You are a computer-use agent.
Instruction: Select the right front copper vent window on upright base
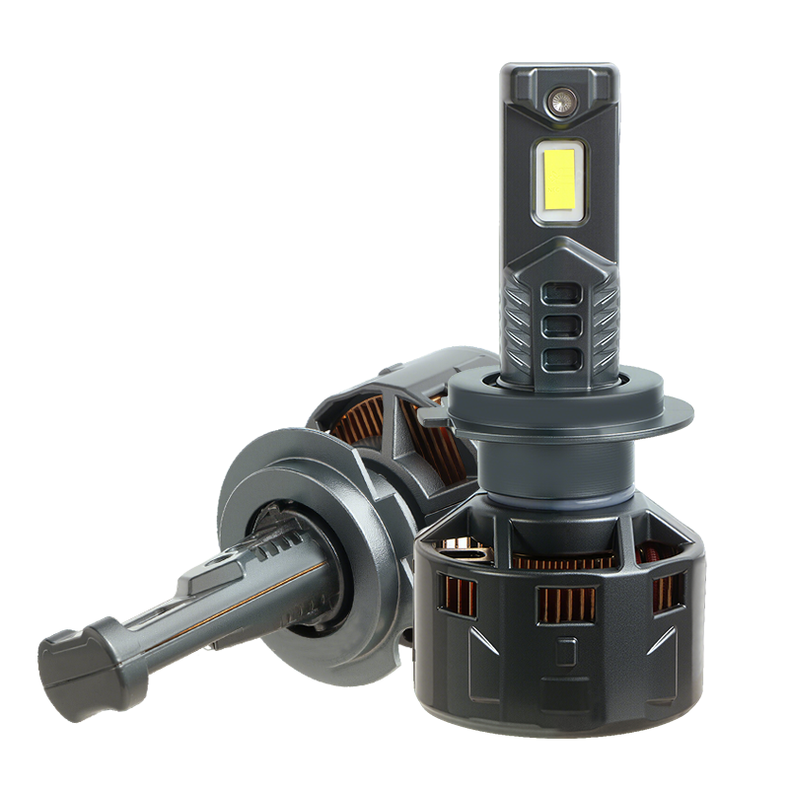coord(668,591)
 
